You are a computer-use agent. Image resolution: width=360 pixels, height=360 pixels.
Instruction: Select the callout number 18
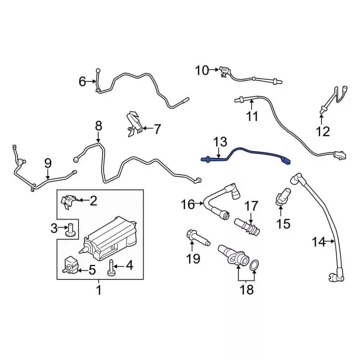coord(246,290)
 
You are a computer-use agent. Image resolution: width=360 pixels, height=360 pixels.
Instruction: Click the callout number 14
coord(318,242)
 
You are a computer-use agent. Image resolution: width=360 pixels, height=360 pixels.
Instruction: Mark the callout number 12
coord(322,132)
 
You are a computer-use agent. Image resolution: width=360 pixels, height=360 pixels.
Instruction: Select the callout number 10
coord(201,70)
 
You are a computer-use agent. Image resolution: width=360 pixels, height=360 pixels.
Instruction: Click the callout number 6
coord(82,82)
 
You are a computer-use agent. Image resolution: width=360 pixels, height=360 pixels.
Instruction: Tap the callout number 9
coord(48,163)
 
